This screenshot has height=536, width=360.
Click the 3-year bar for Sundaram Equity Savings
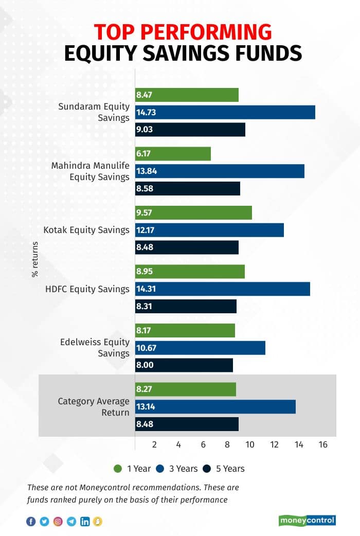(225, 112)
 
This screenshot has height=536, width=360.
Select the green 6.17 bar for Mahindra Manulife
(173, 154)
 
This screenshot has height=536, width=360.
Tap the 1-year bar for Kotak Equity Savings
(193, 212)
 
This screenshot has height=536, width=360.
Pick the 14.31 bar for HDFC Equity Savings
(222, 289)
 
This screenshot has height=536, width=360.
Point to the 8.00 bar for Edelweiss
(184, 365)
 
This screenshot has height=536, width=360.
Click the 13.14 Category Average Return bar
(215, 407)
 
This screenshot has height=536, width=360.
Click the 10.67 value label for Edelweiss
(146, 348)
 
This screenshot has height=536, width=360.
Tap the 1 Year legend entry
(132, 469)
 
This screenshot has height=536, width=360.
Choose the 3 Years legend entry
(178, 469)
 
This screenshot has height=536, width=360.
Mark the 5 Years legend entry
(224, 469)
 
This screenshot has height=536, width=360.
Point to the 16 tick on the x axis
(323, 444)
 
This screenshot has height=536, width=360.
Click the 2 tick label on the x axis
(154, 444)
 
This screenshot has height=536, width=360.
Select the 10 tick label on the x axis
(250, 444)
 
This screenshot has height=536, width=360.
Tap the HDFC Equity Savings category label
(87, 289)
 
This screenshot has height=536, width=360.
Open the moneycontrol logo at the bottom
(308, 521)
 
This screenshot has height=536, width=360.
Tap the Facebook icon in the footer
(31, 522)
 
